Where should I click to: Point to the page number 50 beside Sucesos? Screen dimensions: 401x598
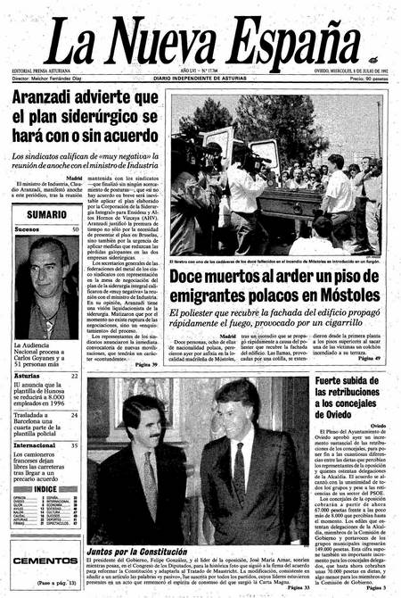[x=74, y=229]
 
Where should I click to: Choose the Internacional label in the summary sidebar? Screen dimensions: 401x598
[x=39, y=444]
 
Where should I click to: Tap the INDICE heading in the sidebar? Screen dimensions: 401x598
[x=46, y=488]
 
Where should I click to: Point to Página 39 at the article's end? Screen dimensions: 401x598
[x=145, y=364]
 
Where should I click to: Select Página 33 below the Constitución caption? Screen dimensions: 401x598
[x=292, y=588]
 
